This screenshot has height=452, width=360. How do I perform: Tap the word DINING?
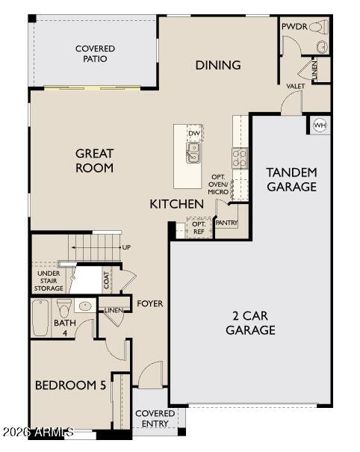(x=218, y=65)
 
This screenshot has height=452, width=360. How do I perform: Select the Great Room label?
(x=94, y=161)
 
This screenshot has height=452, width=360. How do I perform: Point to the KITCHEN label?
(x=176, y=204)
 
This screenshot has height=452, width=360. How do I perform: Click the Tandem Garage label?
(x=291, y=179)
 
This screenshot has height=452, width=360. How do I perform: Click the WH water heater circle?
(x=320, y=125)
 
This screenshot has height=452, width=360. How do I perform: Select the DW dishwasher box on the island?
(x=194, y=134)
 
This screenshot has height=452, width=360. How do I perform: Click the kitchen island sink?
(x=193, y=152)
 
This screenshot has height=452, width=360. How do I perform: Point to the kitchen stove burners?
(x=240, y=157)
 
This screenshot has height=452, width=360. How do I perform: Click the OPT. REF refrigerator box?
(x=199, y=227)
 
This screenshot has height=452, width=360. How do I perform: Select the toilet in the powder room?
(x=317, y=28)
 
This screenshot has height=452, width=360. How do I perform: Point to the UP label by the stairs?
(x=126, y=247)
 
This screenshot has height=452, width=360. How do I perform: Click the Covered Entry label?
(x=155, y=418)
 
